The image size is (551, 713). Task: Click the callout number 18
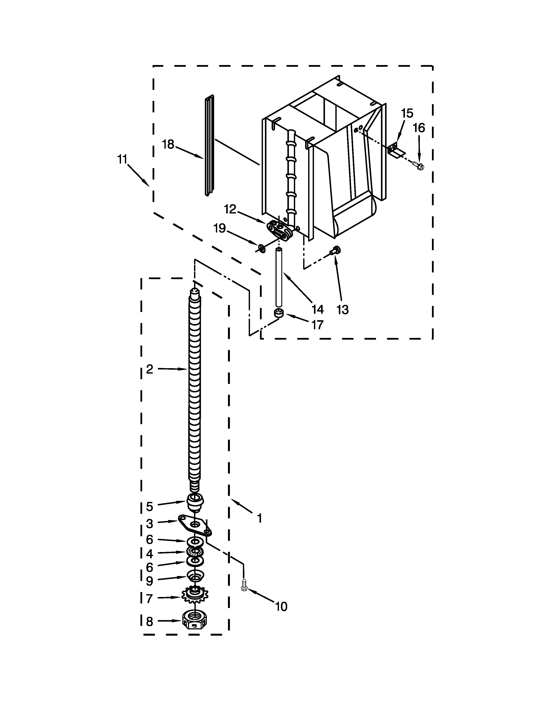point(168,144)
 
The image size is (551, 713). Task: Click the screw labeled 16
point(419,166)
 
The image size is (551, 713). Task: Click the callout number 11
point(122,160)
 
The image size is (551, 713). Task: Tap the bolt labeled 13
point(335,251)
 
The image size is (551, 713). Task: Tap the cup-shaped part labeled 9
point(195,576)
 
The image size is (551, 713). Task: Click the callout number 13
point(342,309)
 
